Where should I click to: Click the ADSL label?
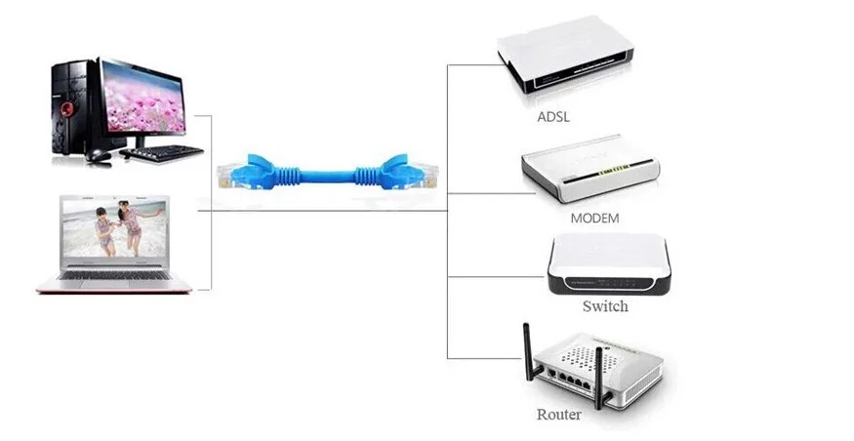[x=553, y=117]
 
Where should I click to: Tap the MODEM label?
[x=593, y=218]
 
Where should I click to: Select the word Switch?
[x=605, y=306]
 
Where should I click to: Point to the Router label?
[x=559, y=415]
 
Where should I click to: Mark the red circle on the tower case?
[x=65, y=109]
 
